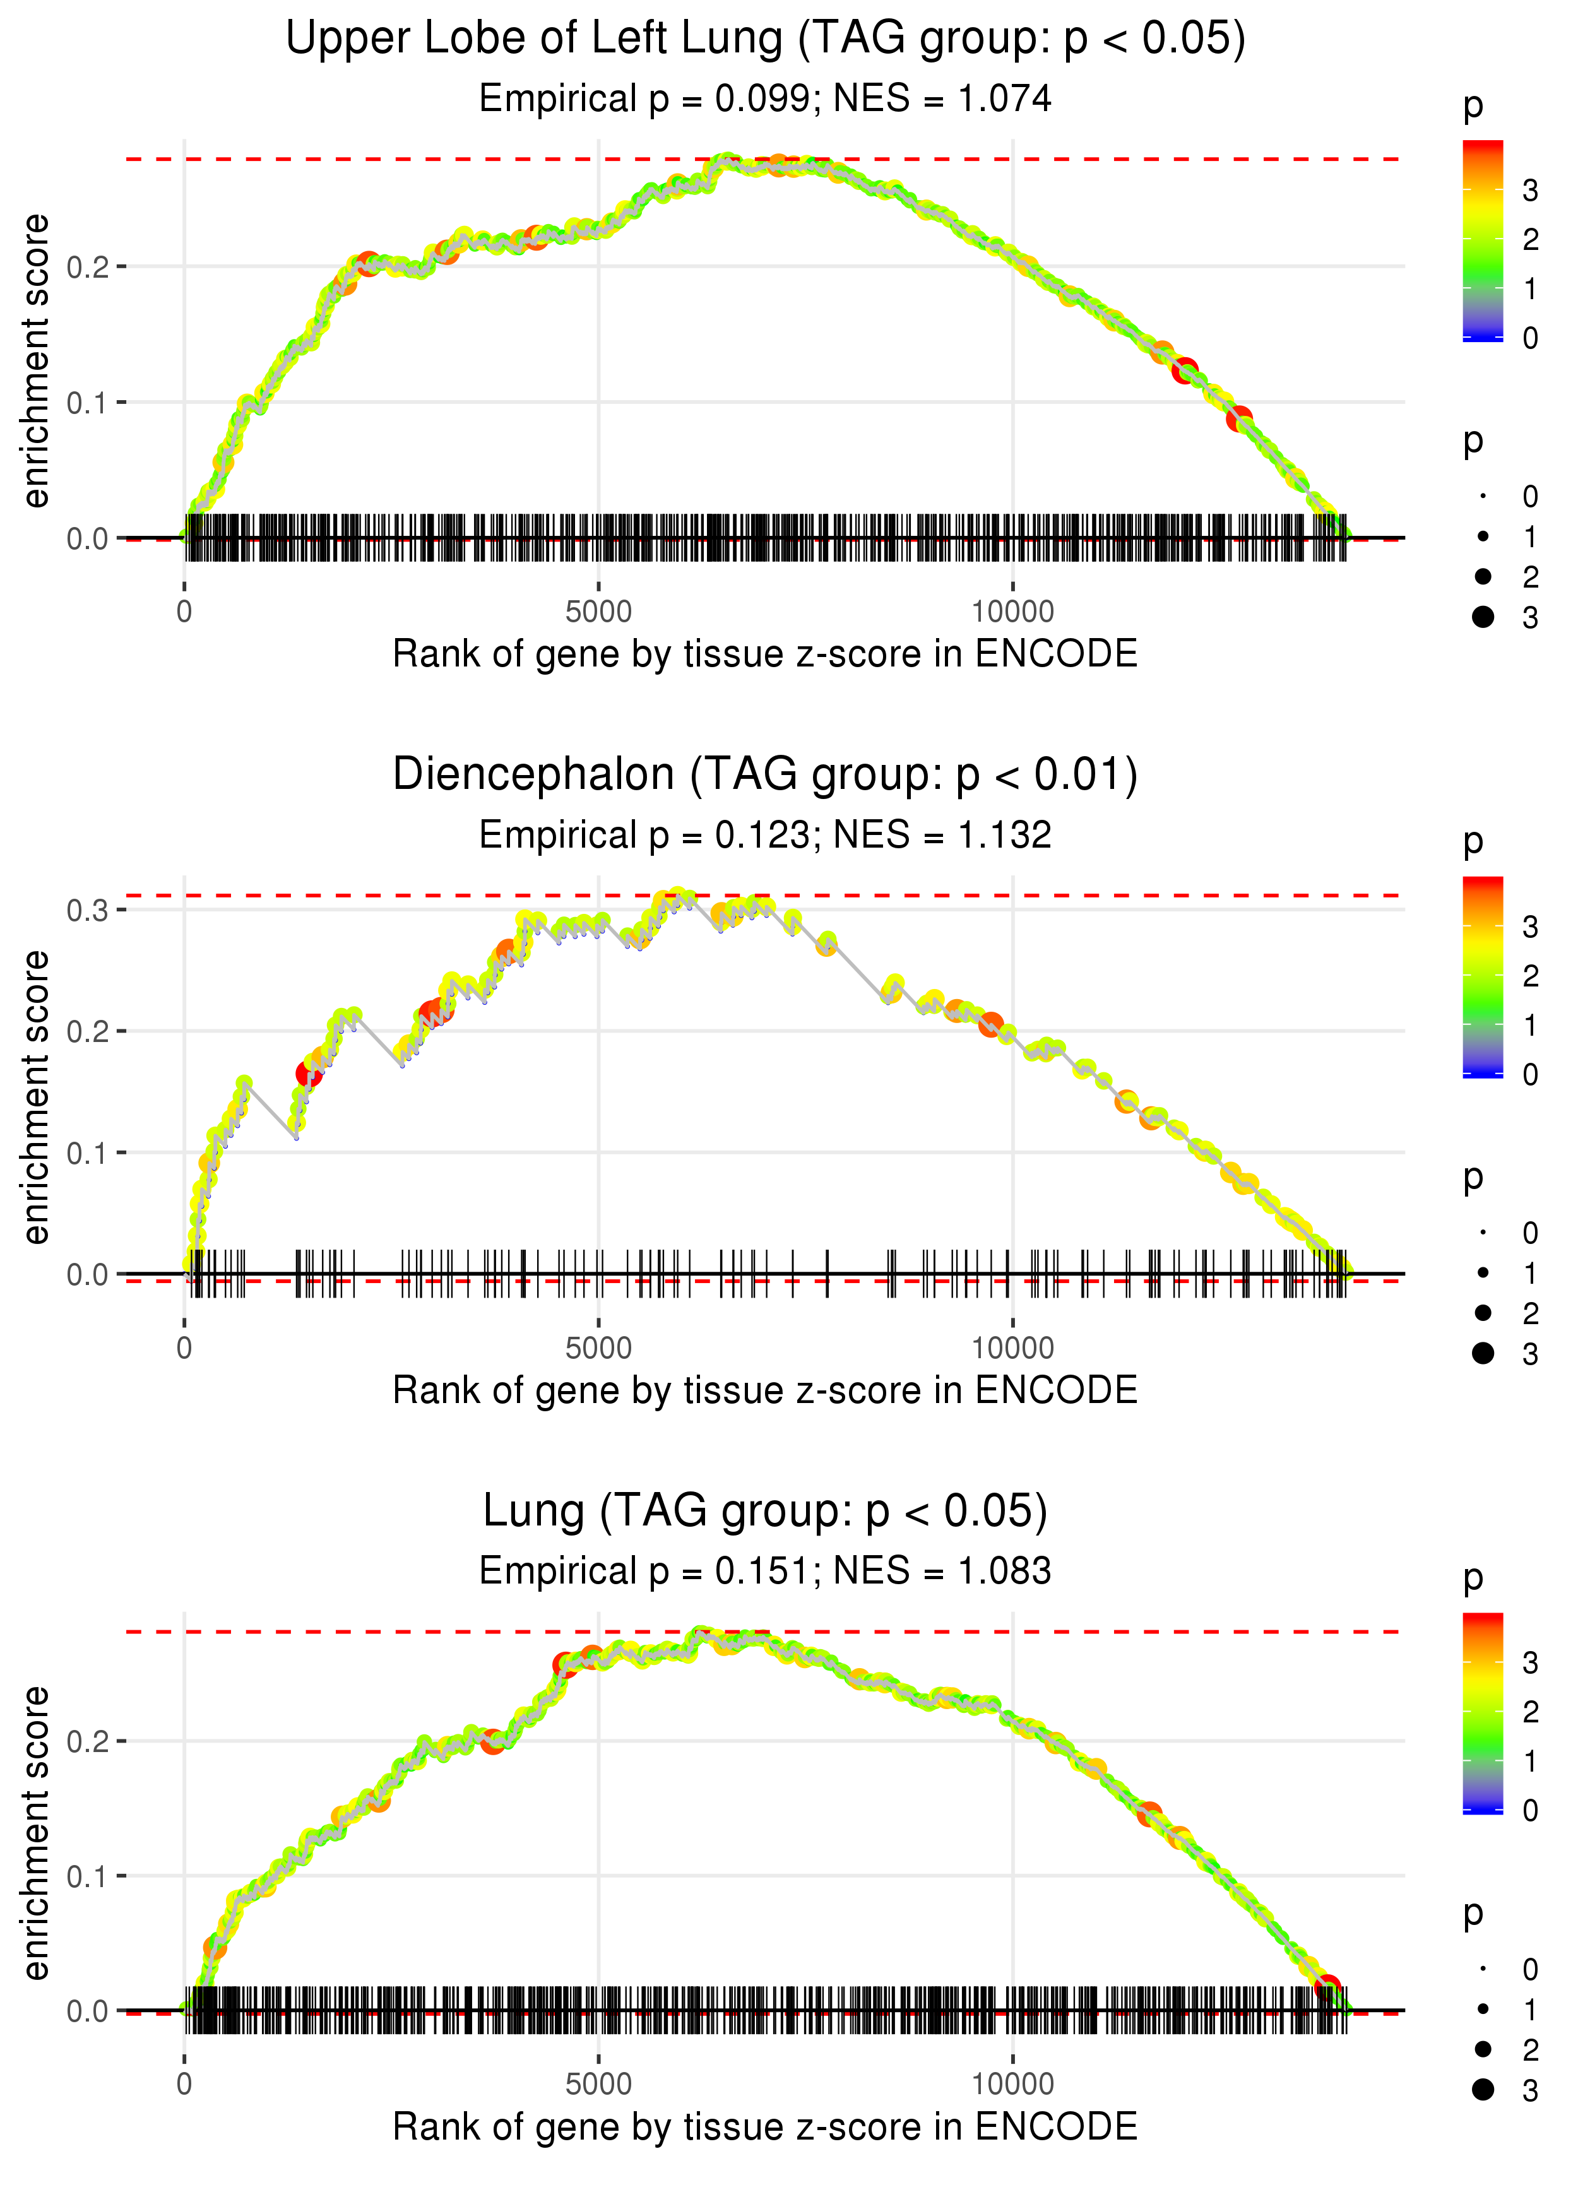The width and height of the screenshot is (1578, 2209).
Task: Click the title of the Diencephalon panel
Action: pyautogui.click(x=765, y=775)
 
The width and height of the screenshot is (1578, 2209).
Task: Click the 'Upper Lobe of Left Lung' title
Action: pyautogui.click(x=765, y=39)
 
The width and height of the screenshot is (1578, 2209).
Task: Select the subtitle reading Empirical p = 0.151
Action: pyautogui.click(x=765, y=1571)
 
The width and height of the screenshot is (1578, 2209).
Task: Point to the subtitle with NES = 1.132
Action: pyautogui.click(x=765, y=834)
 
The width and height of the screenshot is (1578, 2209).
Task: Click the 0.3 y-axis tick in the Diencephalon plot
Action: pyautogui.click(x=88, y=910)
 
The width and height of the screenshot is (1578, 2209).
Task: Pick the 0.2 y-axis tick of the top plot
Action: pyautogui.click(x=88, y=266)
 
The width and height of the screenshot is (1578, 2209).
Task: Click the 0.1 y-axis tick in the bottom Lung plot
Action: pyautogui.click(x=88, y=1876)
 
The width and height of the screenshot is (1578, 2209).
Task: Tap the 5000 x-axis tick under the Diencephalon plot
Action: pyautogui.click(x=598, y=1348)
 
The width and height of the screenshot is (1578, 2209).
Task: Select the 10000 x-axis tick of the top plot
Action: pyautogui.click(x=1012, y=612)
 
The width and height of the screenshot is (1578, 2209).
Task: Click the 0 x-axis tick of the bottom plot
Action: pyautogui.click(x=184, y=2085)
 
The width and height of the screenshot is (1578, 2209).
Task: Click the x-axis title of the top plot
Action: pyautogui.click(x=765, y=654)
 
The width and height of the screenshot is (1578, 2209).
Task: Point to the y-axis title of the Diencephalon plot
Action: pyautogui.click(x=36, y=1097)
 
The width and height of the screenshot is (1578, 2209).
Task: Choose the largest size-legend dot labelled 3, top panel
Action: pyautogui.click(x=1483, y=617)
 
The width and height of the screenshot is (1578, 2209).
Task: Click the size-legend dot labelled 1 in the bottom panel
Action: pyautogui.click(x=1483, y=2009)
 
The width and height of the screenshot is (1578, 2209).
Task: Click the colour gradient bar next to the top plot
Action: pyautogui.click(x=1483, y=240)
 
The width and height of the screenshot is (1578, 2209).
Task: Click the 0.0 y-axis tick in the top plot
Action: pyautogui.click(x=88, y=538)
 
